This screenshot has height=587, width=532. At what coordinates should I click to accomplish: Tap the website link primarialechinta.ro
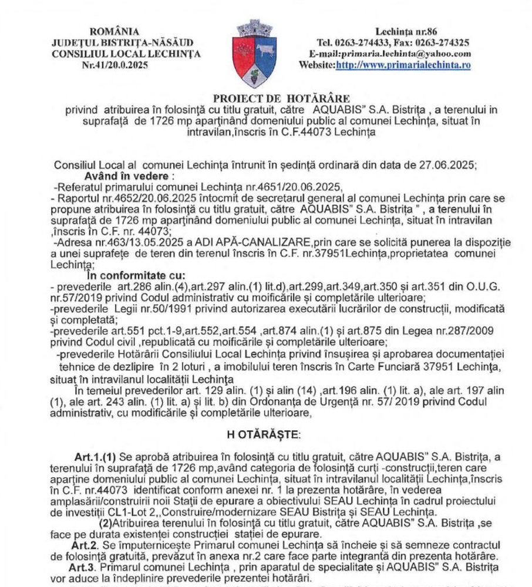(403, 65)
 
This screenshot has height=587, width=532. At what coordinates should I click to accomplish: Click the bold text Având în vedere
(121, 176)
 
